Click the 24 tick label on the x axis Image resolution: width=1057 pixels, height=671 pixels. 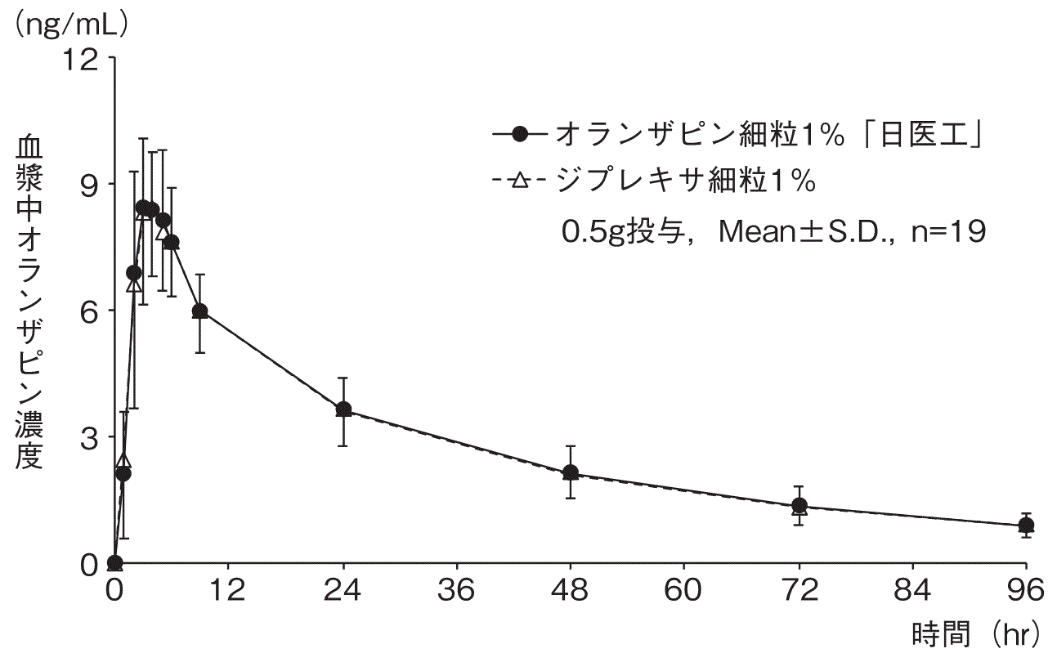point(343,590)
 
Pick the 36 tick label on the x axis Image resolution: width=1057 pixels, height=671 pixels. point(457,590)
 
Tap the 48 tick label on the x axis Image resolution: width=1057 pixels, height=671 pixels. point(571,590)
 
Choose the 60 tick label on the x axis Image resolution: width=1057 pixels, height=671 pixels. point(684,590)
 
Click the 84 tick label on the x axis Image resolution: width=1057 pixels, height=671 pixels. point(912,590)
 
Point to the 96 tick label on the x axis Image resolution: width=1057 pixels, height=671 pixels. point(1025,590)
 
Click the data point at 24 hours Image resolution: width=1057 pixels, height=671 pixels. point(343,409)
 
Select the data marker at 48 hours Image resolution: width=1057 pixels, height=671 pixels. point(571,472)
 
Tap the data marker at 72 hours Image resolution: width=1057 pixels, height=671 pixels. point(799,506)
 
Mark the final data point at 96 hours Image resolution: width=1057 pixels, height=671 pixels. point(1026,526)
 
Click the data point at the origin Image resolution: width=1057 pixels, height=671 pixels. point(115,563)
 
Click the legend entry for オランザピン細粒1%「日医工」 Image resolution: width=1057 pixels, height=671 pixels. point(736,135)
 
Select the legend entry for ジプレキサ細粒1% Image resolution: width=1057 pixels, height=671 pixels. point(654,181)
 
